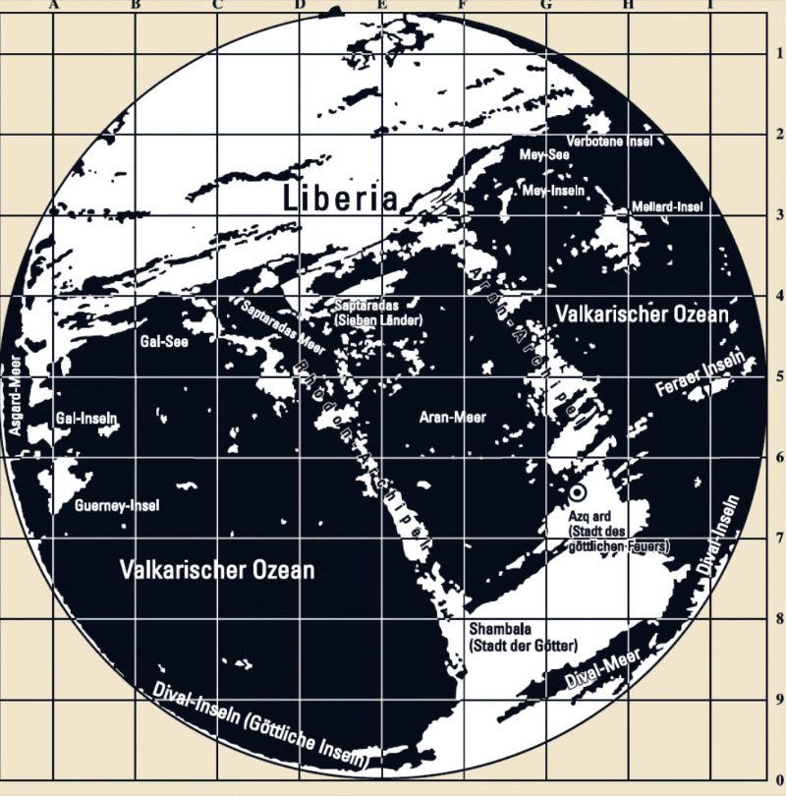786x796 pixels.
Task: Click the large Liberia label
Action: coord(340,197)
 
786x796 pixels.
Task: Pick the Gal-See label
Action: coord(164,342)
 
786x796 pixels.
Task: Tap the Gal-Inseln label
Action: coord(87,418)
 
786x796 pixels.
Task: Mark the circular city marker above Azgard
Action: coord(577,491)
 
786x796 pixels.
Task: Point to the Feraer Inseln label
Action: coord(709,376)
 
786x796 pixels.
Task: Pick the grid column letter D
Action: coord(299,5)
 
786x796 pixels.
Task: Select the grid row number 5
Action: coord(777,376)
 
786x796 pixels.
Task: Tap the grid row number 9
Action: coord(777,699)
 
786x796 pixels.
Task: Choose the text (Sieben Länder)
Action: coord(377,321)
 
